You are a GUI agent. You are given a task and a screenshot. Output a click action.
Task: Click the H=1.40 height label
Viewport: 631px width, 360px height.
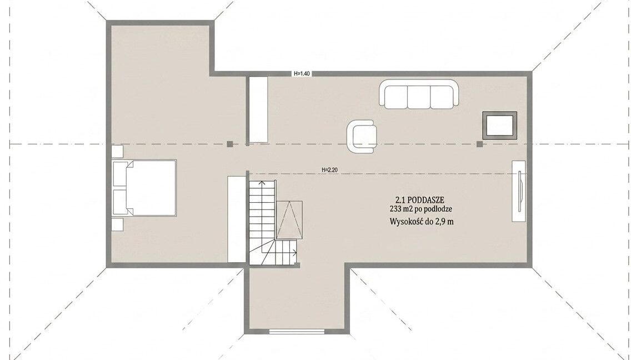coord(302,74)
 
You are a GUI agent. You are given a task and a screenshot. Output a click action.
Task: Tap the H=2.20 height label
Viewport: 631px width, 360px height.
coord(329,170)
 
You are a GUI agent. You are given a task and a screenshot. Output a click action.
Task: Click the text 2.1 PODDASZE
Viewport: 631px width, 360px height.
coord(420,200)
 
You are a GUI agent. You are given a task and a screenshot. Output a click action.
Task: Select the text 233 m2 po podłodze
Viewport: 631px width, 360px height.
coord(421,209)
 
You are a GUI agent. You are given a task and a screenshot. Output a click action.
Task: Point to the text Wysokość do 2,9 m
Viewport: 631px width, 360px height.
coord(422,222)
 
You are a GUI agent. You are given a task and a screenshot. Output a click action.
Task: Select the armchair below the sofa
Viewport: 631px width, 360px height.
coord(362,137)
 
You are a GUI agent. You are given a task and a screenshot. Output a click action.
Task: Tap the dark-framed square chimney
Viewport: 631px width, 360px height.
coord(500,126)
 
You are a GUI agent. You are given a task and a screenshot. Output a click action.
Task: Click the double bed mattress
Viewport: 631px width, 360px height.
coord(151,188)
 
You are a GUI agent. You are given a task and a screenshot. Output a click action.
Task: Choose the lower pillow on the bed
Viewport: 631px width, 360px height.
coord(119,201)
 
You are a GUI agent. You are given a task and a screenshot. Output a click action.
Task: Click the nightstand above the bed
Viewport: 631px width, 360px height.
coord(117,152)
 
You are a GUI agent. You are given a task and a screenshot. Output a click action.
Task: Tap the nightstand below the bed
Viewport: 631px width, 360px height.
coord(117,224)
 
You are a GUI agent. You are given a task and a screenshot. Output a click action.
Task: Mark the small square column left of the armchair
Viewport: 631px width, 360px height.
coord(230,144)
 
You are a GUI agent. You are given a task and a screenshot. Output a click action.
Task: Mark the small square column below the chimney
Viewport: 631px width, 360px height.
coord(479,144)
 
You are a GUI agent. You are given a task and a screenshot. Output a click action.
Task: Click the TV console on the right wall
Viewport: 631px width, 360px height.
coord(519,191)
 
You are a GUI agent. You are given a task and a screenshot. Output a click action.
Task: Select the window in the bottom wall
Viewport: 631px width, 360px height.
coord(297,331)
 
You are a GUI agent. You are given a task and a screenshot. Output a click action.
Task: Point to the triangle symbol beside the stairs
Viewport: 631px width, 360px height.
coord(288,221)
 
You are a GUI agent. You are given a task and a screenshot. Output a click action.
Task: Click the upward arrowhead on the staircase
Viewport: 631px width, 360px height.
coord(262,182)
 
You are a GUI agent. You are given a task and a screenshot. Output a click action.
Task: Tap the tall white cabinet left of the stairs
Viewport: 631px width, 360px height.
coord(237,219)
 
